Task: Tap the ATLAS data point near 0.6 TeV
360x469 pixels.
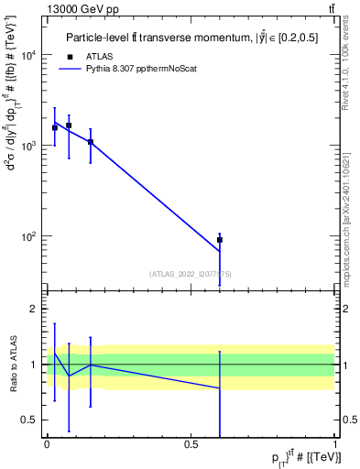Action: [x=220, y=240]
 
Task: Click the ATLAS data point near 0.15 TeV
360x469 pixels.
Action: [x=90, y=142]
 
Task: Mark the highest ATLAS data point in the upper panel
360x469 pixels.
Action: [x=69, y=125]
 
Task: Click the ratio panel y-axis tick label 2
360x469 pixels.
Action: [x=32, y=310]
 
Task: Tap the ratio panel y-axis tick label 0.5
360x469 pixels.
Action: [x=27, y=420]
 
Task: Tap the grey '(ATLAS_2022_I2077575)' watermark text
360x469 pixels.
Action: [x=191, y=274]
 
